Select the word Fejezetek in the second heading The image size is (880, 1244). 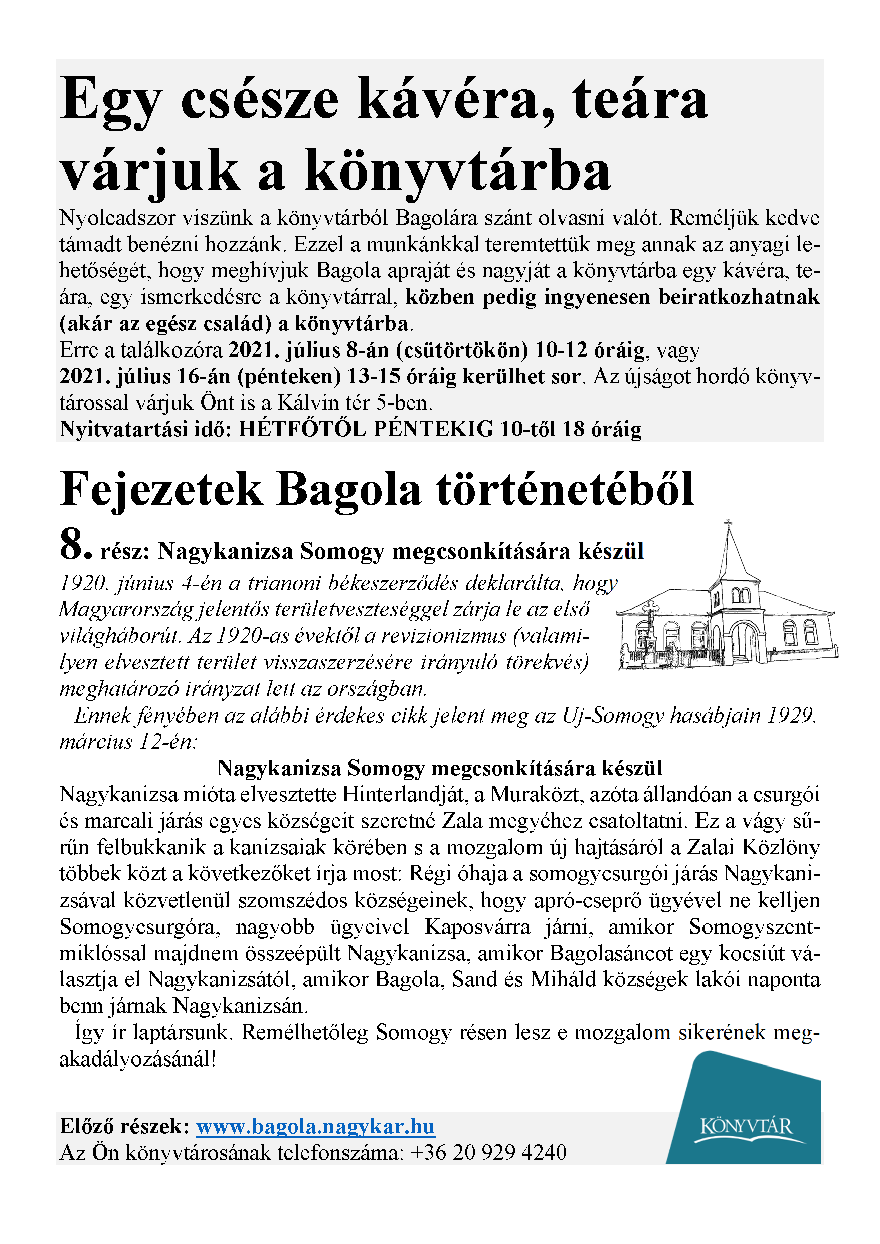tap(161, 490)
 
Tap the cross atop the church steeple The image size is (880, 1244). tap(728, 524)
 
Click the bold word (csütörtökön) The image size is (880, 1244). tap(462, 350)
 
